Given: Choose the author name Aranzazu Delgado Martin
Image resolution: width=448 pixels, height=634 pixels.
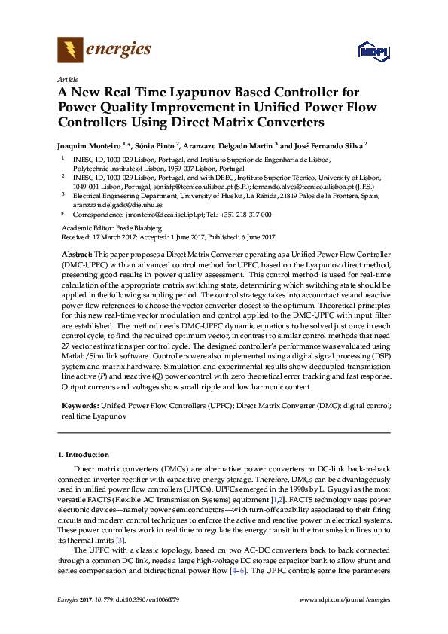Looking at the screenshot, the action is click(241, 144).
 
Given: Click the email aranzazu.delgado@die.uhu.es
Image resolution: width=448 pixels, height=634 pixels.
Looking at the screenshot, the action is click(112, 204).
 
